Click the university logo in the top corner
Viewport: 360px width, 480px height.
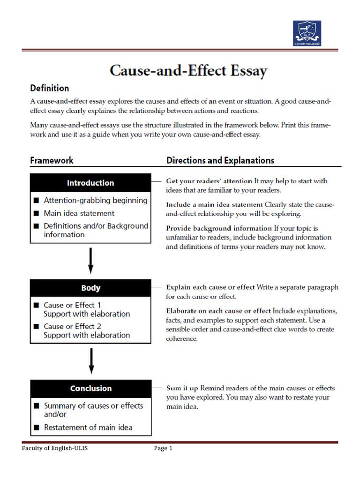[307, 33]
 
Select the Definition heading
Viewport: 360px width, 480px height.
[49, 88]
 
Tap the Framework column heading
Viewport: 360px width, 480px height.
[52, 160]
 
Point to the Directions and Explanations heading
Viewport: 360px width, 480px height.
[220, 160]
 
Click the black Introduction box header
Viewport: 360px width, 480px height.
[90, 183]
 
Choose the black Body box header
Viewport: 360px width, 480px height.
[90, 288]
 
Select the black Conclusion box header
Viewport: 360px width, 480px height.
[90, 388]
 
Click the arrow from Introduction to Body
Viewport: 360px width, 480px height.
[91, 261]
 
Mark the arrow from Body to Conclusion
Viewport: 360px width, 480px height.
[91, 361]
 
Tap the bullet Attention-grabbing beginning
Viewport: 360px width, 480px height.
[95, 200]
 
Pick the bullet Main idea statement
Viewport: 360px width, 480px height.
[79, 213]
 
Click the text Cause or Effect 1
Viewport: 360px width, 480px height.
[72, 305]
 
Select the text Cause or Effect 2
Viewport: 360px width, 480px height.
[72, 326]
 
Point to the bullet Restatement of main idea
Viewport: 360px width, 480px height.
[88, 427]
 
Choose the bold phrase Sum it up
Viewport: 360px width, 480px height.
[182, 388]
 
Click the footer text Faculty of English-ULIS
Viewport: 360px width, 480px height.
[54, 449]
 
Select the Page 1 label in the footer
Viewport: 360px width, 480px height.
[163, 449]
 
